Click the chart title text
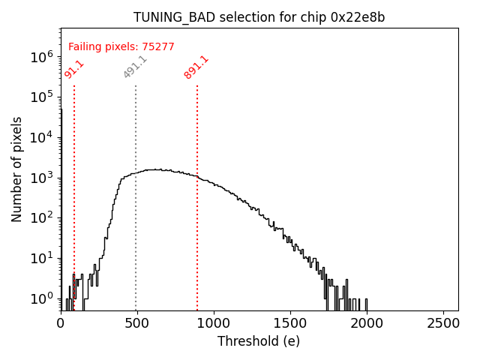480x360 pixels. click(259, 17)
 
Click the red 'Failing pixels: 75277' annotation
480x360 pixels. click(121, 46)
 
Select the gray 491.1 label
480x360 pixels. click(135, 67)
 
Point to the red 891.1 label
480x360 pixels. click(196, 67)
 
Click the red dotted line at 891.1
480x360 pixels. click(197, 225)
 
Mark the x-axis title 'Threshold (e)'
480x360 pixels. click(259, 341)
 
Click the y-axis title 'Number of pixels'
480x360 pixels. click(17, 169)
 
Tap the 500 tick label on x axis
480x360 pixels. click(137, 323)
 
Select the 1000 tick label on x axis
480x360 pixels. click(214, 323)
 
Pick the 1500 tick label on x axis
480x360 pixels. click(290, 323)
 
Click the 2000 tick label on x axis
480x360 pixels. click(367, 323)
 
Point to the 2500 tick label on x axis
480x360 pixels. click(443, 323)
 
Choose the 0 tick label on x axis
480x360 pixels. click(61, 323)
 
